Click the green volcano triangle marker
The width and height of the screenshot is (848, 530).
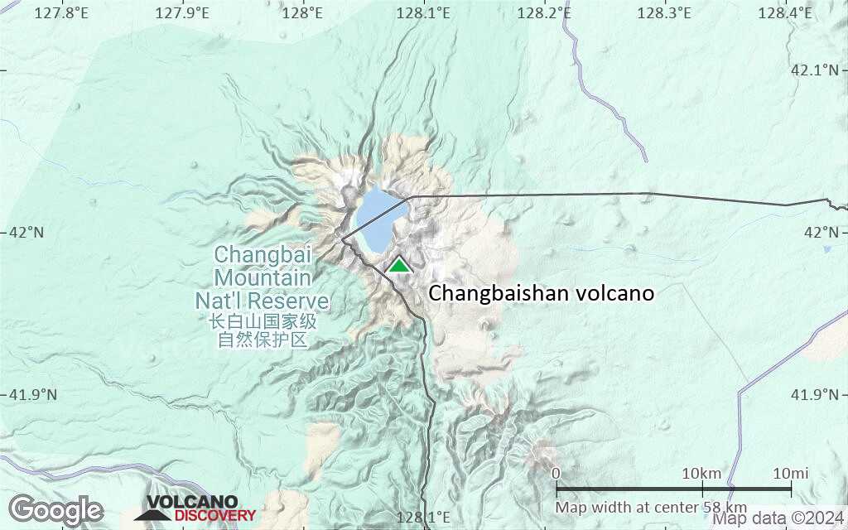point(399,265)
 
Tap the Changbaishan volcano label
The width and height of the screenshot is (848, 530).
point(542,293)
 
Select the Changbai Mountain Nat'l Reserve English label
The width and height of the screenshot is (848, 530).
point(263,277)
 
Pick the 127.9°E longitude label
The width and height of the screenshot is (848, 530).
point(182,13)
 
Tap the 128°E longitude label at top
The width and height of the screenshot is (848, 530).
point(301,13)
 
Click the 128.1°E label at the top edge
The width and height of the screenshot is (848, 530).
point(423,13)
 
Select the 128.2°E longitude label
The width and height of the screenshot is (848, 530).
point(544,13)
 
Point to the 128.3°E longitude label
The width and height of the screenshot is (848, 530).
point(665,13)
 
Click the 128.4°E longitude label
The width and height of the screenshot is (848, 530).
point(786,13)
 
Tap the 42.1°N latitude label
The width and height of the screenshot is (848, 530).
point(815,70)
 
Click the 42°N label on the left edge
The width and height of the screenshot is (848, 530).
point(26,232)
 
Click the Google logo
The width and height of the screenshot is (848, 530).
point(56,510)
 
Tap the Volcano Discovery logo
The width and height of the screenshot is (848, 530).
point(195,508)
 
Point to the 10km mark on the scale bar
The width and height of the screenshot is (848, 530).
point(701,474)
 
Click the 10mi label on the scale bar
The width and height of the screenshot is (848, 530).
point(790,474)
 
